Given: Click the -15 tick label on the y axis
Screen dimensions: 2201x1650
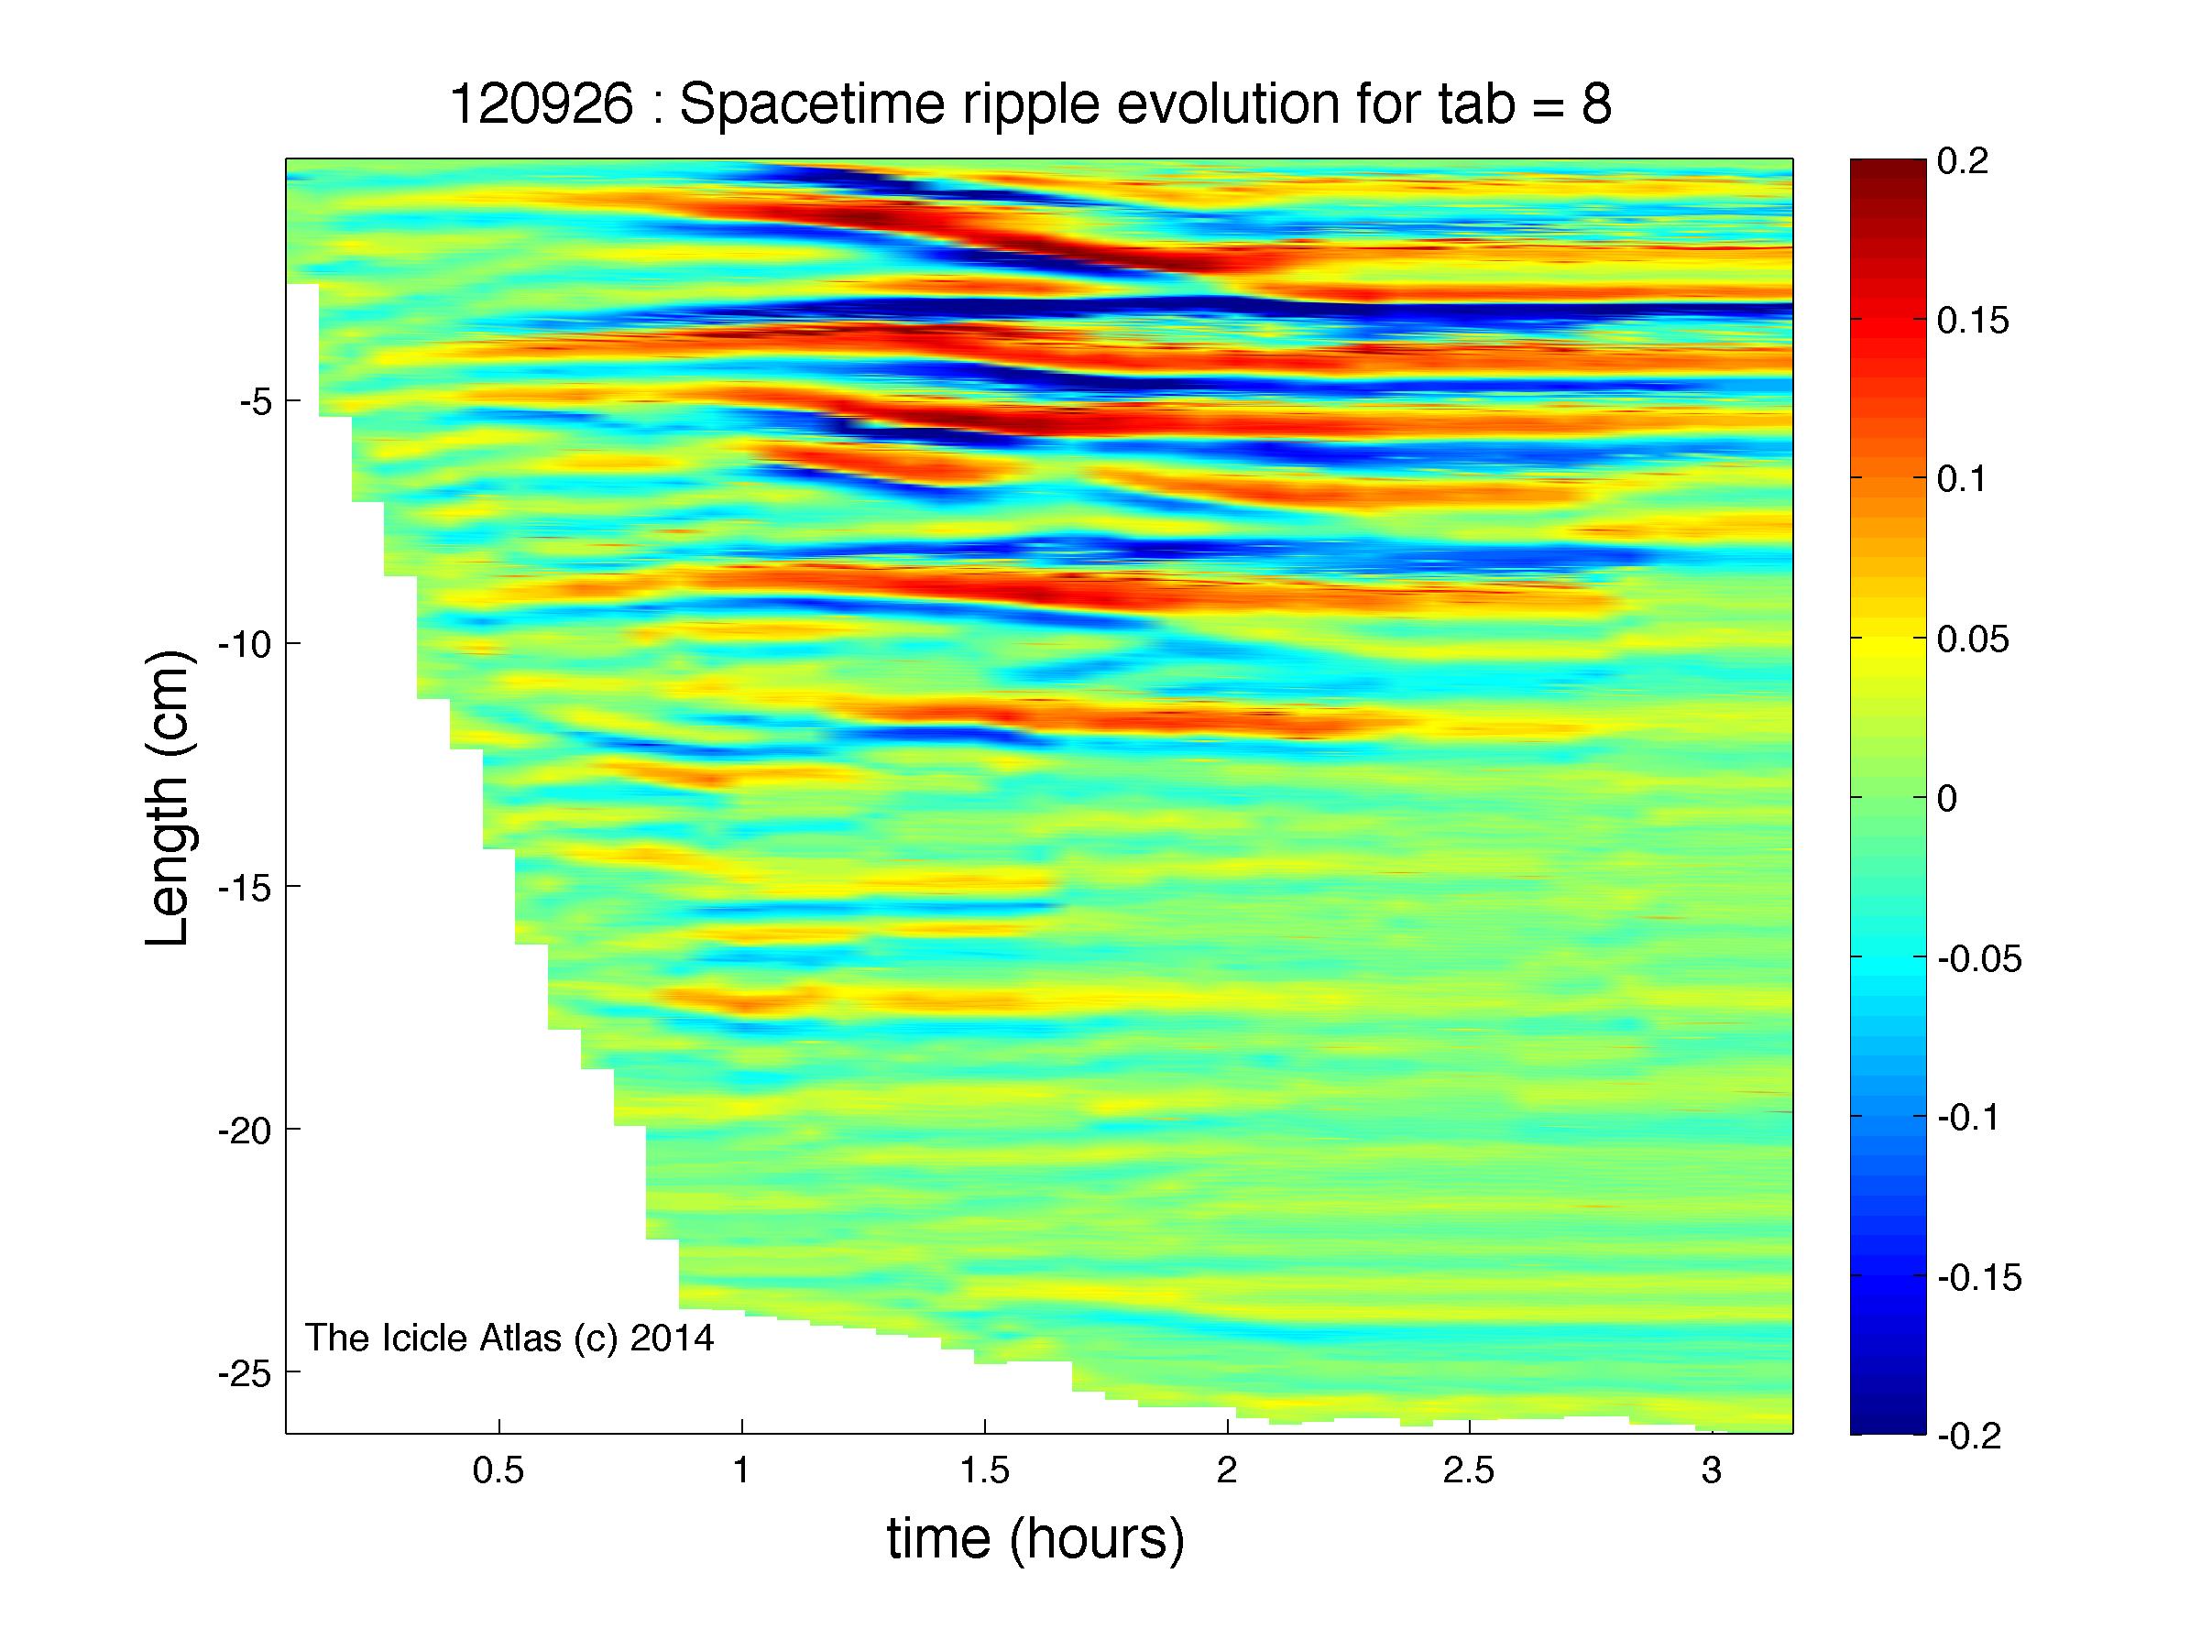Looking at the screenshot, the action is point(245,888).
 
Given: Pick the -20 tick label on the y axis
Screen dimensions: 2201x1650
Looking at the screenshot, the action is point(245,1131).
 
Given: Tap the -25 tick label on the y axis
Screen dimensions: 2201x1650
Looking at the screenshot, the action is point(245,1374).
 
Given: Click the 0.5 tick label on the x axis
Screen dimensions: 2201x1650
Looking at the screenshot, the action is point(498,1471).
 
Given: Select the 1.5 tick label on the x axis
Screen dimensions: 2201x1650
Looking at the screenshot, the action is point(984,1471).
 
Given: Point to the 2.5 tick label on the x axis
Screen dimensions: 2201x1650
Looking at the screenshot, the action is point(1470,1471).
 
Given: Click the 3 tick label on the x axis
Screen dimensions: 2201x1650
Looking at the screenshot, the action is point(1712,1471).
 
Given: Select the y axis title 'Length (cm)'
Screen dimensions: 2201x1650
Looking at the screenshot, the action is point(167,798).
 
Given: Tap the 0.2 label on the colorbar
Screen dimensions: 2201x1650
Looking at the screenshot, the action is point(1963,161).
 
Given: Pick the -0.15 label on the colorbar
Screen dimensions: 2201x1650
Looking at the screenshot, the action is point(1979,1278).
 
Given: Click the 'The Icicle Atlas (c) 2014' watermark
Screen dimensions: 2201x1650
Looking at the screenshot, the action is point(509,1339).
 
